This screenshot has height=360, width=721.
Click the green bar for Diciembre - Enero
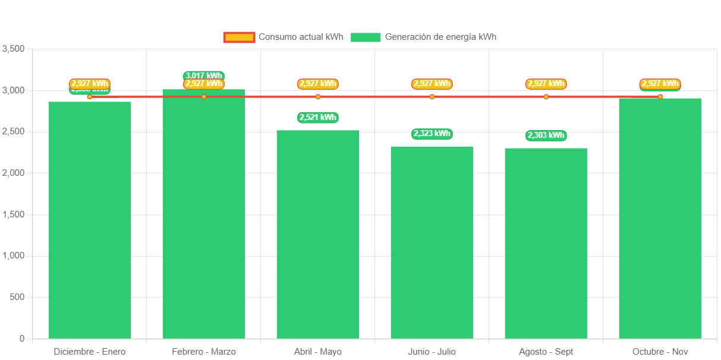pos(90,220)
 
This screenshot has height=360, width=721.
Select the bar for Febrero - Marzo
pos(204,214)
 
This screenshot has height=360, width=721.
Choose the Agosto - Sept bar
pos(546,243)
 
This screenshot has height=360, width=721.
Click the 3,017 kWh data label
pos(204,75)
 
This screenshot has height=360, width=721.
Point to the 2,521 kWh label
pos(318,117)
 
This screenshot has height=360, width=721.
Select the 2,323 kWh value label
pos(432,134)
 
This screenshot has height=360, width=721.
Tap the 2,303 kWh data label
pos(546,135)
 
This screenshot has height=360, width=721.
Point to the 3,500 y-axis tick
pos(14,49)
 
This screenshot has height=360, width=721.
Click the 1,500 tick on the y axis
pos(14,214)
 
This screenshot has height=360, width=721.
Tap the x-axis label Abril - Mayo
pos(318,352)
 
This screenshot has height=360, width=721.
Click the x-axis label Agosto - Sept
pos(546,352)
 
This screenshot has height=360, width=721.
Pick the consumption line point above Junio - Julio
pos(432,97)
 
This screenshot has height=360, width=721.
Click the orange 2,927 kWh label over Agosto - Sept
pos(546,84)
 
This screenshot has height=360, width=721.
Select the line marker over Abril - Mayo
pos(318,97)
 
